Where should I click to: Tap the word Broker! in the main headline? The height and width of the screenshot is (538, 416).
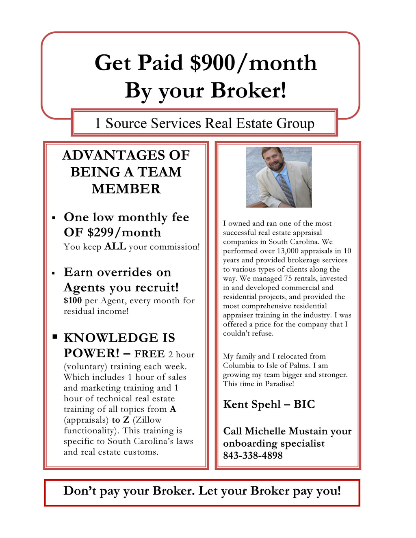(249, 90)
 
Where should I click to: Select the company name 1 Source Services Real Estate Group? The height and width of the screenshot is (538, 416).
(204, 123)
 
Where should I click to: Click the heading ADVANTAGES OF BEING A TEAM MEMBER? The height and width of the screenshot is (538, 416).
(126, 172)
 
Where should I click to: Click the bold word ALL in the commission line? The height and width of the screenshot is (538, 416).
(115, 246)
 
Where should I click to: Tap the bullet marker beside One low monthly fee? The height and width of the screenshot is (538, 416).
(54, 218)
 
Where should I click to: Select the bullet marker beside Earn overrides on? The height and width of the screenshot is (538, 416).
(54, 273)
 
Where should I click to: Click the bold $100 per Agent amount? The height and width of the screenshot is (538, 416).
(73, 300)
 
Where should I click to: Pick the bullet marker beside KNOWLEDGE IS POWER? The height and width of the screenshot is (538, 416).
(54, 337)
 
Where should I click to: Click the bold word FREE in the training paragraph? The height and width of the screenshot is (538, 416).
(149, 354)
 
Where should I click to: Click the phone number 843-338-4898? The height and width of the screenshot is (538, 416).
(253, 456)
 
